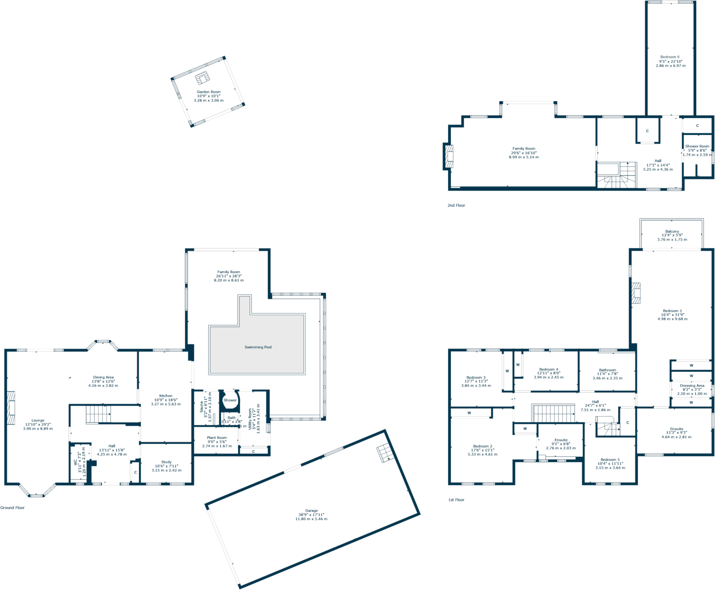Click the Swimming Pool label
tap(258, 347)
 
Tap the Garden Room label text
tap(209, 92)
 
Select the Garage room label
tap(311, 510)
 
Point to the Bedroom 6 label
tap(670, 57)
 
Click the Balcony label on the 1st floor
tap(672, 232)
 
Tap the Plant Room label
tap(217, 438)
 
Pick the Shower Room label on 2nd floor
tap(697, 146)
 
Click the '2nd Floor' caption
tap(456, 206)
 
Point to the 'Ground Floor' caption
tap(13, 508)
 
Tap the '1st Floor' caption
tap(456, 500)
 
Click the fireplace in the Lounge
tap(11, 408)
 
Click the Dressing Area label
tap(692, 386)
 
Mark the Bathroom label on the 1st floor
tap(607, 370)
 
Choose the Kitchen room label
tap(166, 396)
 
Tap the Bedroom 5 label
tap(610, 460)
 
